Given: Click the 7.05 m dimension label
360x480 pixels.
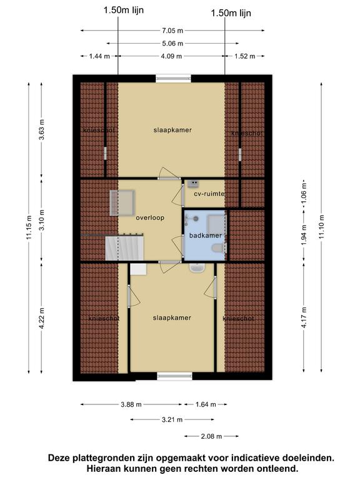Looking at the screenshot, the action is [172, 30].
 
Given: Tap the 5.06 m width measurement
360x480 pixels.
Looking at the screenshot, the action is [172, 44].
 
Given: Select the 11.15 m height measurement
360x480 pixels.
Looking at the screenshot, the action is [29, 227].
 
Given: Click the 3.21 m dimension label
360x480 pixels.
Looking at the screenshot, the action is [172, 419].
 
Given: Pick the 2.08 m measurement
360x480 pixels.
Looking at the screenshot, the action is [211, 436].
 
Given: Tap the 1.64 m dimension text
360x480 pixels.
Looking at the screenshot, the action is [206, 404].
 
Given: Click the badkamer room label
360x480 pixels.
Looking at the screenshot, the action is [206, 236].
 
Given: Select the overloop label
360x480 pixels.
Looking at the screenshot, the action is [150, 217].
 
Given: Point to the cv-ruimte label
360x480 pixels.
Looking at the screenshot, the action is [209, 194].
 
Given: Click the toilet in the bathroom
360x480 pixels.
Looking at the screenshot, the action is [219, 247].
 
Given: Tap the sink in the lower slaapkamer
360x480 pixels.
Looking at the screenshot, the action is [197, 268].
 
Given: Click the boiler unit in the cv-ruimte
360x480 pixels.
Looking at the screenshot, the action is [193, 183].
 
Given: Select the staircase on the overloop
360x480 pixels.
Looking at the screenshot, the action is [124, 248].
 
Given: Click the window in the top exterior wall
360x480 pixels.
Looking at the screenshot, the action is [174, 78].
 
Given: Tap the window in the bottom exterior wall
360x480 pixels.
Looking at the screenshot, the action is [175, 376].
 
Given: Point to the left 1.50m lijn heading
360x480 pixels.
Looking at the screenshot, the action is [124, 11].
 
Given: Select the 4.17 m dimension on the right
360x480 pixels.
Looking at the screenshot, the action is [304, 317].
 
